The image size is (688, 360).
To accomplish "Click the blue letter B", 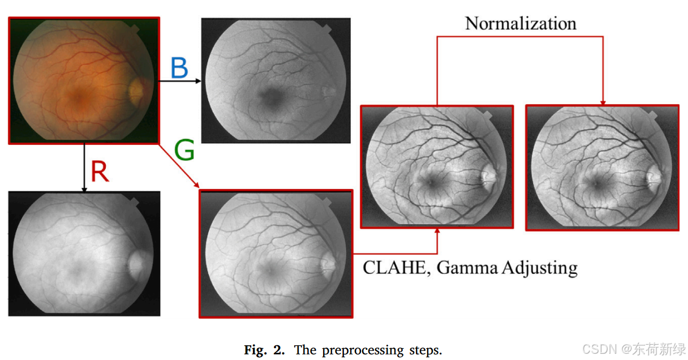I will pyautogui.click(x=179, y=68).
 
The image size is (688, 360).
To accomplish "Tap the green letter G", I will pyautogui.click(x=184, y=150).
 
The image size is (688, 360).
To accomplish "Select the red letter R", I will pyautogui.click(x=100, y=171).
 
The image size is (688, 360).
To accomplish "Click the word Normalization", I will pyautogui.click(x=521, y=23).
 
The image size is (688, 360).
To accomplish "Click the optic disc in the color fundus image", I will pyautogui.click(x=136, y=89).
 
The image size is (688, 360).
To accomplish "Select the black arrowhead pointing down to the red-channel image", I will pyautogui.click(x=84, y=189).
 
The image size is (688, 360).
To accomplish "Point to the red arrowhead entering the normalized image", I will pyautogui.click(x=603, y=102).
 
